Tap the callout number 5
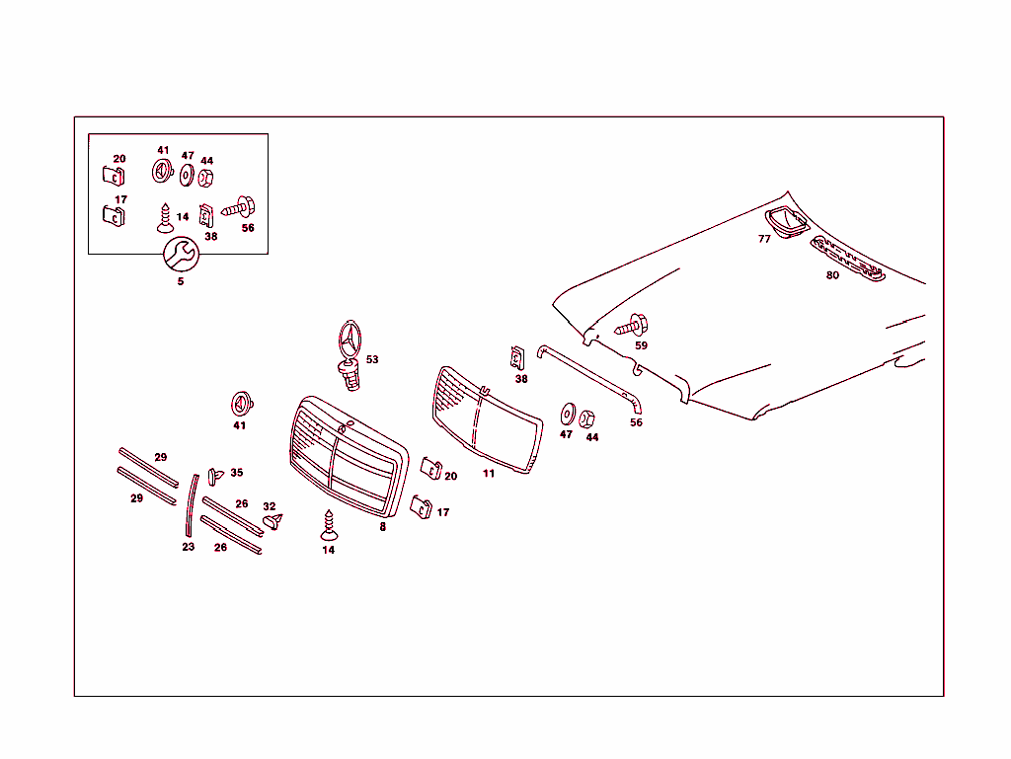(181, 281)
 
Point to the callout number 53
(372, 359)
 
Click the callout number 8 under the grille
(383, 527)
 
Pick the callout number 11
(489, 474)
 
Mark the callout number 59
(641, 345)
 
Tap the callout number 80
(832, 275)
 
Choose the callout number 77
(764, 239)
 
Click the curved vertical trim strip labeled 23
(192, 504)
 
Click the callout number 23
(189, 547)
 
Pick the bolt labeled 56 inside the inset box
(239, 208)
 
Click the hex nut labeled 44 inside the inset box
(206, 179)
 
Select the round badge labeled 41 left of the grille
(241, 404)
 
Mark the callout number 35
(237, 473)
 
